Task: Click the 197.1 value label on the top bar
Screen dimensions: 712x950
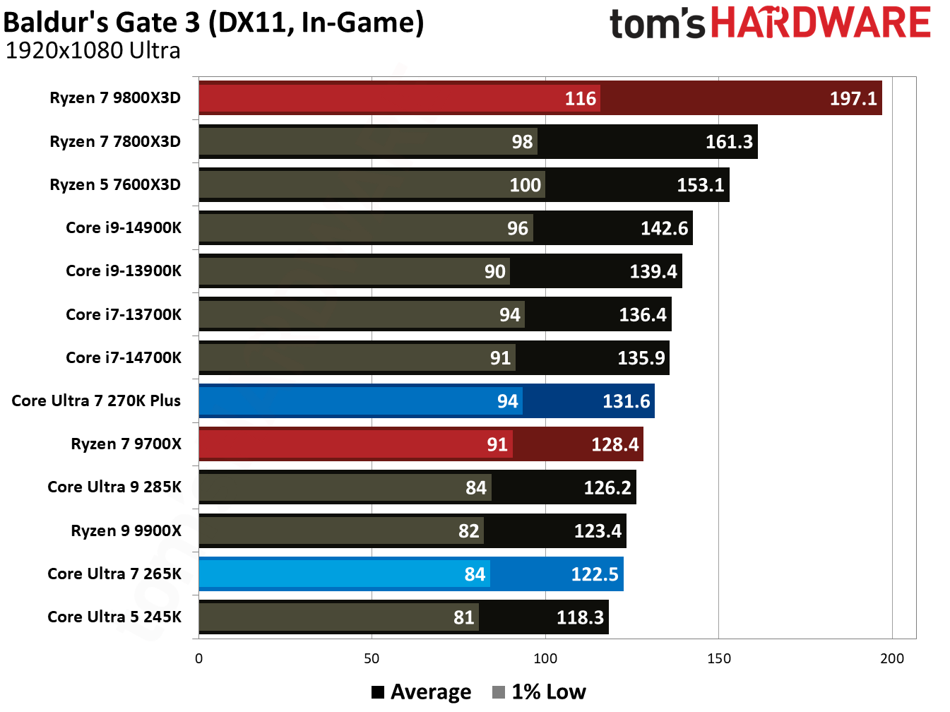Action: click(x=853, y=98)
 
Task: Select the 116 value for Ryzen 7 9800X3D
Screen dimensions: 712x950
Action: click(x=580, y=98)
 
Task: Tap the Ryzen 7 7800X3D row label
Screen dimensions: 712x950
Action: click(x=115, y=141)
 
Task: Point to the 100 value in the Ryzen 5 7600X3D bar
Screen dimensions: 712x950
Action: click(x=525, y=185)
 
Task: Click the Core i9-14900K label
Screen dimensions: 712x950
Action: click(x=124, y=227)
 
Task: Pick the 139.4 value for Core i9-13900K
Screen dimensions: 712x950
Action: click(x=653, y=271)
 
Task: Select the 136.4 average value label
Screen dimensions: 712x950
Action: click(x=642, y=314)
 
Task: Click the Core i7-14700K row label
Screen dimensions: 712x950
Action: click(x=124, y=357)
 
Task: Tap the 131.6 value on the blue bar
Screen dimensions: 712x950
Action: click(x=626, y=401)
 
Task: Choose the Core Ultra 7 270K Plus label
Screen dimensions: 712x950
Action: click(x=96, y=400)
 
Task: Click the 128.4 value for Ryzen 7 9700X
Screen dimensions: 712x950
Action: click(x=614, y=444)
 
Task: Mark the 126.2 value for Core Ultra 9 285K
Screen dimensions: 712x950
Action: click(x=607, y=487)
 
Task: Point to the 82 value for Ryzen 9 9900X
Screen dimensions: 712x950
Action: click(x=468, y=531)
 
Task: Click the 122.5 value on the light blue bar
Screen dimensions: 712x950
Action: click(x=594, y=574)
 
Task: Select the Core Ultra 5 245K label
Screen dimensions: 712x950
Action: click(x=114, y=617)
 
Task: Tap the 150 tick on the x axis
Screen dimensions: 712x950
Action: click(x=718, y=658)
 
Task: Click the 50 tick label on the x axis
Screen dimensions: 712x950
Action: click(x=372, y=658)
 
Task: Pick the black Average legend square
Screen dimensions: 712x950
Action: click(x=378, y=692)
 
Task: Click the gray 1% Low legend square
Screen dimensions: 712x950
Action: click(x=499, y=692)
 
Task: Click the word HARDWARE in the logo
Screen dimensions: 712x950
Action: click(x=820, y=23)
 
